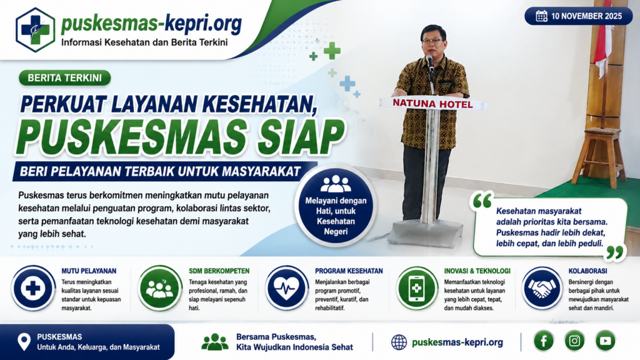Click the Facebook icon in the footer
(x=544, y=341)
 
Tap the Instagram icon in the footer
(x=574, y=341)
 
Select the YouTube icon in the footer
(x=605, y=341)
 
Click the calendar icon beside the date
(x=541, y=16)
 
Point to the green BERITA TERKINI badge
(x=65, y=78)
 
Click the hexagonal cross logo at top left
(x=36, y=30)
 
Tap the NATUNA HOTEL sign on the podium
(x=432, y=104)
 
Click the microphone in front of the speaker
(x=430, y=62)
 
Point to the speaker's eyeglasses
(x=432, y=41)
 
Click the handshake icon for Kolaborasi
(x=542, y=288)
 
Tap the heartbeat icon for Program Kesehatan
(x=286, y=288)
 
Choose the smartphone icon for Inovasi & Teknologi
(x=416, y=288)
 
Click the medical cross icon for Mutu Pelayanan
(x=33, y=288)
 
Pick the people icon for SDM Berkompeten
(x=159, y=288)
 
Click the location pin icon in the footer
(x=24, y=342)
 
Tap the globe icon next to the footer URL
(x=399, y=342)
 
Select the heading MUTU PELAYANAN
(x=89, y=271)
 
